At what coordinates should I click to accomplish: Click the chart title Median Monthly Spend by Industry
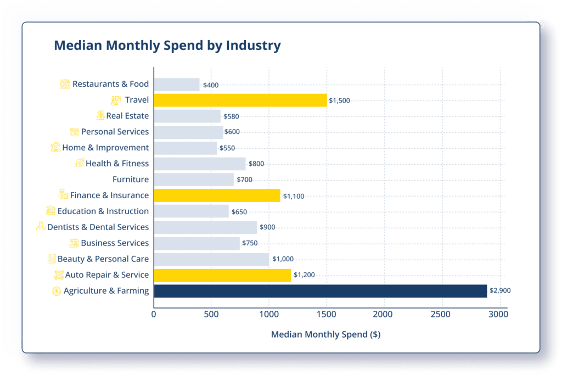(x=167, y=46)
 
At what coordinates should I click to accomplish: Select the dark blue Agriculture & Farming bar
(x=320, y=291)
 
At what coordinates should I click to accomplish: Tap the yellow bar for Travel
(x=240, y=100)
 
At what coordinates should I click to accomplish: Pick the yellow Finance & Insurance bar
(x=217, y=195)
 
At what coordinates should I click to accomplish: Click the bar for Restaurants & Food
(x=176, y=85)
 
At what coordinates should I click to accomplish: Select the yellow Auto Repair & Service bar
(x=222, y=275)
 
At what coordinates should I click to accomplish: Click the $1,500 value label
(x=339, y=100)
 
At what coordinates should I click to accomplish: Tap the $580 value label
(x=231, y=116)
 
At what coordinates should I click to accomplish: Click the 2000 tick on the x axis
(x=384, y=315)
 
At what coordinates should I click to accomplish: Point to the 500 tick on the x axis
(x=211, y=315)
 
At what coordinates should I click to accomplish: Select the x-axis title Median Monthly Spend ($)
(x=326, y=334)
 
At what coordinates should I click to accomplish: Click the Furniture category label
(x=131, y=180)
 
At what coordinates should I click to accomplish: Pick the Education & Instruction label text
(x=103, y=211)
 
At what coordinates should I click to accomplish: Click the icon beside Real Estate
(x=100, y=116)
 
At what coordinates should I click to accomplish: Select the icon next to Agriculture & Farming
(x=56, y=291)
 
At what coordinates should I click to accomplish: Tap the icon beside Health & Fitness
(x=80, y=164)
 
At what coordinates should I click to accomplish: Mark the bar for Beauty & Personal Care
(x=211, y=259)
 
